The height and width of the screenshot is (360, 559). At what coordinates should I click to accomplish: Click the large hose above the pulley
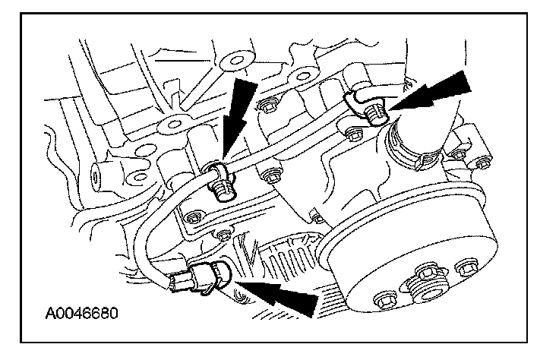point(426,114)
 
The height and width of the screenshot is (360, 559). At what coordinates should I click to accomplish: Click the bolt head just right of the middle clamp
point(265,176)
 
